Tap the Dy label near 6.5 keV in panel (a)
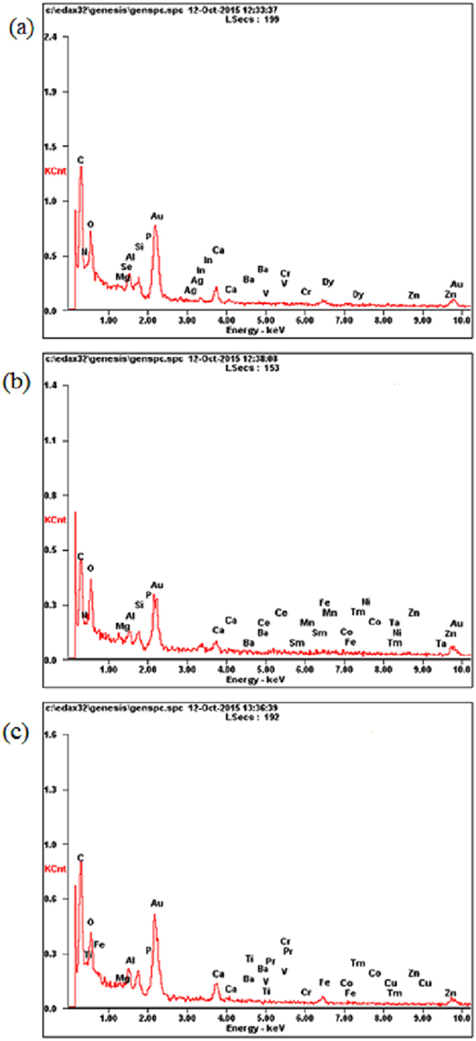[328, 282]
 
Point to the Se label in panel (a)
[126, 267]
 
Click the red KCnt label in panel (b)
[54, 520]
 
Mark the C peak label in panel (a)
[80, 160]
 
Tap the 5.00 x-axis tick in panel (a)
[265, 322]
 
